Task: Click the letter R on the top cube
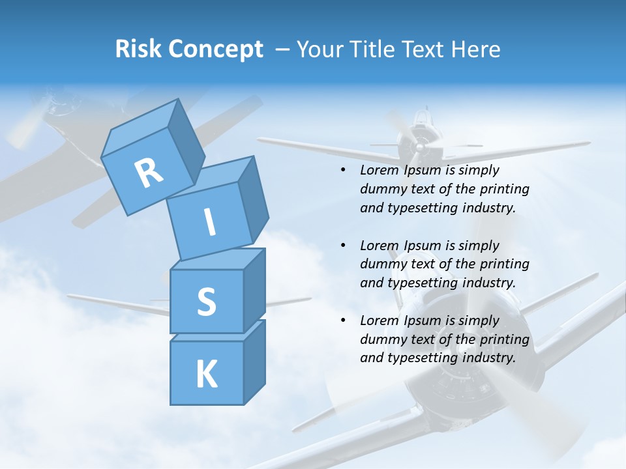[x=149, y=173]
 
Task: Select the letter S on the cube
[x=206, y=302]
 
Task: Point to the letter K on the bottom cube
[x=206, y=375]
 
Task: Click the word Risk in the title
[x=138, y=50]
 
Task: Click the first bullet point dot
[x=343, y=170]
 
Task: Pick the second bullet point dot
[x=343, y=246]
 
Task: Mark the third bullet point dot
[x=343, y=320]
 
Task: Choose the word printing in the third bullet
[x=505, y=339]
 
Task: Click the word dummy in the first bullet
[x=381, y=189]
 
